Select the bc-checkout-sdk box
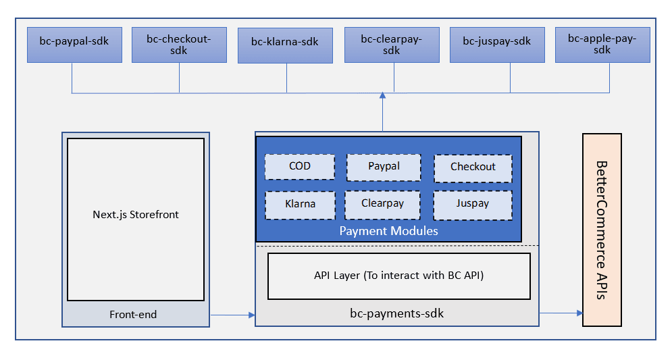[x=179, y=45]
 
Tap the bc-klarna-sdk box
[x=285, y=45]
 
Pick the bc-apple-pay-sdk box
[x=602, y=45]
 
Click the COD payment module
[x=300, y=166]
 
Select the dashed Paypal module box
[x=384, y=167]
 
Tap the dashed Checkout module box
[x=473, y=168]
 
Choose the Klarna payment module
[x=300, y=204]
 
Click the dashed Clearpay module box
[x=382, y=204]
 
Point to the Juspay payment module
[x=473, y=204]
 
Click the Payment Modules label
[x=388, y=231]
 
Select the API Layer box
[x=398, y=276]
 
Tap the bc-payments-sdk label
[x=396, y=313]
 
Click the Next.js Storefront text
[x=136, y=215]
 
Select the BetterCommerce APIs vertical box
[x=602, y=230]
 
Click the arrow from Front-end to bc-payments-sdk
[x=232, y=315]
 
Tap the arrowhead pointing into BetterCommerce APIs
[x=579, y=313]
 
